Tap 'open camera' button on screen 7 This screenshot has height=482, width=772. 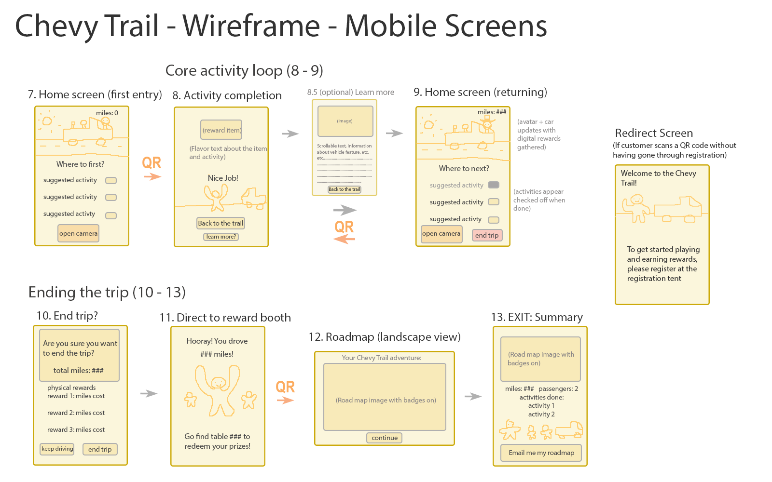point(78,233)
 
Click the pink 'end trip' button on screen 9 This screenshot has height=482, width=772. point(487,235)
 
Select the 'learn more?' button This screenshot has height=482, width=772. point(221,237)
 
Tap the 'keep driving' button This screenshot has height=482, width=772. point(57,449)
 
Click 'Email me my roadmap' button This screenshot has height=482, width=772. point(541,453)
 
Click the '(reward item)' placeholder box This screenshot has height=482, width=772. point(221,130)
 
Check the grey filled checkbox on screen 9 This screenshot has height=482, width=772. point(493,185)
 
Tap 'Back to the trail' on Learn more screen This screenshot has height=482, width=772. point(345,189)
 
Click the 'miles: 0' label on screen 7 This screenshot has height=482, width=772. point(107,113)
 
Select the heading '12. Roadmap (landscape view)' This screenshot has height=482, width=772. point(385,337)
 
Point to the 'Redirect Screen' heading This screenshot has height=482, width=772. point(654,133)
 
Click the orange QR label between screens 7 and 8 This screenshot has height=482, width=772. point(152,163)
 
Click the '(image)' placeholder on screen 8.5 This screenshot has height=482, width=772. point(345,121)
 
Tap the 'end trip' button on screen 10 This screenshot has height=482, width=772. point(100,449)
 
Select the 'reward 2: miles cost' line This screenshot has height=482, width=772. point(76,413)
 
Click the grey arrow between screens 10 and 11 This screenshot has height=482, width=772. point(149,393)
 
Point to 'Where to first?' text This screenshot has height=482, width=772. point(80,164)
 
